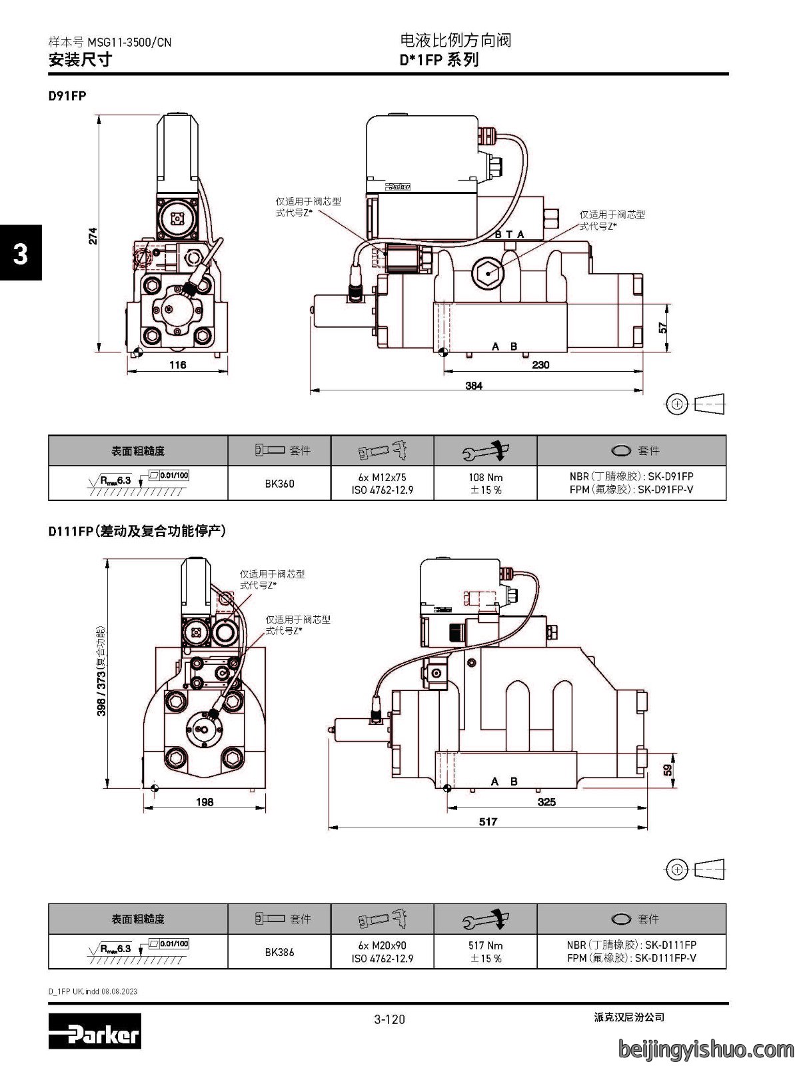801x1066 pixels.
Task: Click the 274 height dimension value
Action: point(93,236)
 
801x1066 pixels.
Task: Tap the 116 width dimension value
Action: point(177,364)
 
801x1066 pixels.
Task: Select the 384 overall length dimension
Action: point(474,386)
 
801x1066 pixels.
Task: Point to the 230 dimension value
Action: point(540,364)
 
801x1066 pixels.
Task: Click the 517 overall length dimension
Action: point(488,821)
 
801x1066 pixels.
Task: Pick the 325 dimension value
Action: point(546,801)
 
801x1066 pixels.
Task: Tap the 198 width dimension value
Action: point(205,801)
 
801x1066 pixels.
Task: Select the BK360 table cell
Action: point(279,483)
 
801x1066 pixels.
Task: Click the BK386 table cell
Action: point(279,952)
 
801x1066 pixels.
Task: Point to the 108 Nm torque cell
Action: point(485,483)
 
